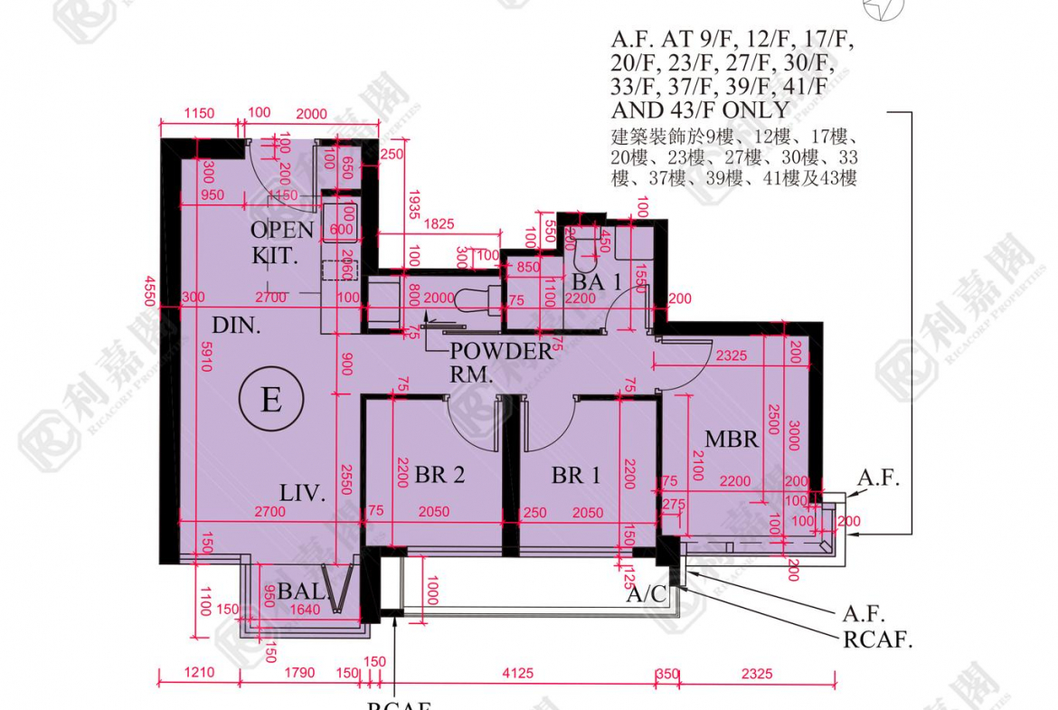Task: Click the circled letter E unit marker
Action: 271,399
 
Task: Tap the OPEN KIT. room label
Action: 281,241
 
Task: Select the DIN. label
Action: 237,326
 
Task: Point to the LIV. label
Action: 302,493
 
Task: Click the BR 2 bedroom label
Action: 440,474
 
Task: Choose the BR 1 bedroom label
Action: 576,474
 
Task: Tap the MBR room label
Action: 732,440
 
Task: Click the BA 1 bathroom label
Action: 597,282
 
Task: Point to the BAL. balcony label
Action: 299,592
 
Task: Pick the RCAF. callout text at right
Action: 878,640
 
